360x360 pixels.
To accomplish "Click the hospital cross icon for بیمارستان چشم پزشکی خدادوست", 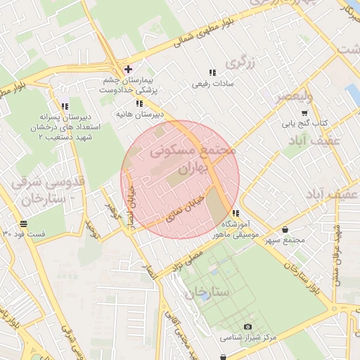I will pos(127,69).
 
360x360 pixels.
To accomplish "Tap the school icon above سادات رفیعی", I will pos(212,72).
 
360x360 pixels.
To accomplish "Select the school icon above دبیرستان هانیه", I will pos(139,103).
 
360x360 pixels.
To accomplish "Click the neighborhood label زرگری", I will pos(239,63).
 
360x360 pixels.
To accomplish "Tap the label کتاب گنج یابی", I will pos(306,124).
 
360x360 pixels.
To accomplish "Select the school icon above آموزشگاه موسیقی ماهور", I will pos(235,213).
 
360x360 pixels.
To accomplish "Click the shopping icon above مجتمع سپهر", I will pos(284,230).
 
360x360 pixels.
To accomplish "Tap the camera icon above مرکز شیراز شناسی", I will pos(247,327).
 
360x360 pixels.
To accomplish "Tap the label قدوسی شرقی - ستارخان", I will pos(49,190).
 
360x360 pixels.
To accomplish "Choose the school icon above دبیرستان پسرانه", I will pos(65,106).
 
